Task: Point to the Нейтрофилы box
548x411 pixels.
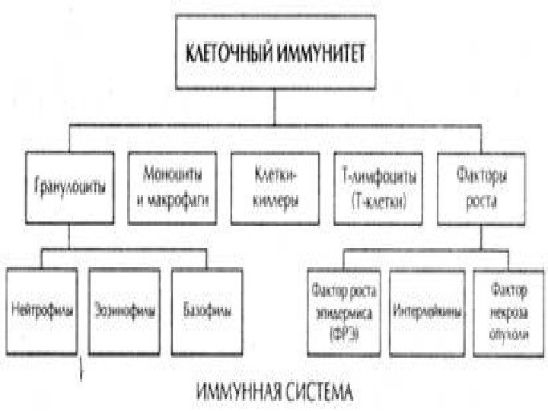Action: point(41,311)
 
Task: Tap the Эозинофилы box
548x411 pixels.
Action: point(125,311)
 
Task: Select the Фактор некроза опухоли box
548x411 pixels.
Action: point(506,312)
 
